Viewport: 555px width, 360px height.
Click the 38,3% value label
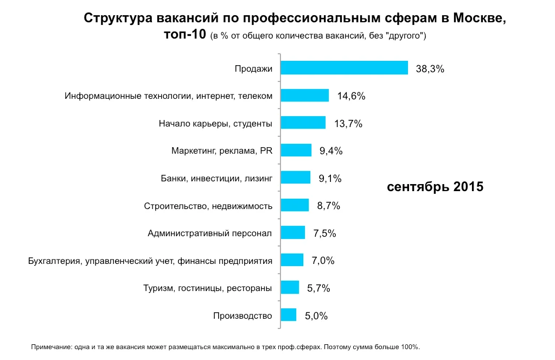pyautogui.click(x=430, y=69)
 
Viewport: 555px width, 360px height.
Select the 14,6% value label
pyautogui.click(x=351, y=96)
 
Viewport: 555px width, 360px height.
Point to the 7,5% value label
pyautogui.click(x=324, y=233)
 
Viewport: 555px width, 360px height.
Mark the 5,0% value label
pyautogui.click(x=316, y=316)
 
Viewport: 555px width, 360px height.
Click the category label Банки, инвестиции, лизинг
pyautogui.click(x=216, y=178)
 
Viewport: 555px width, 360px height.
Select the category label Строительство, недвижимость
pyautogui.click(x=208, y=206)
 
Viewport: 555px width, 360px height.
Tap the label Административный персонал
pyautogui.click(x=209, y=233)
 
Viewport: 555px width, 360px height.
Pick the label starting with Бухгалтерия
pyautogui.click(x=150, y=261)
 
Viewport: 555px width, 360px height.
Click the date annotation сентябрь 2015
pyautogui.click(x=435, y=187)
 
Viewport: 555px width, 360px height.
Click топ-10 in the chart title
pyautogui.click(x=184, y=35)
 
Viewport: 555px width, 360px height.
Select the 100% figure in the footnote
pyautogui.click(x=411, y=346)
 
